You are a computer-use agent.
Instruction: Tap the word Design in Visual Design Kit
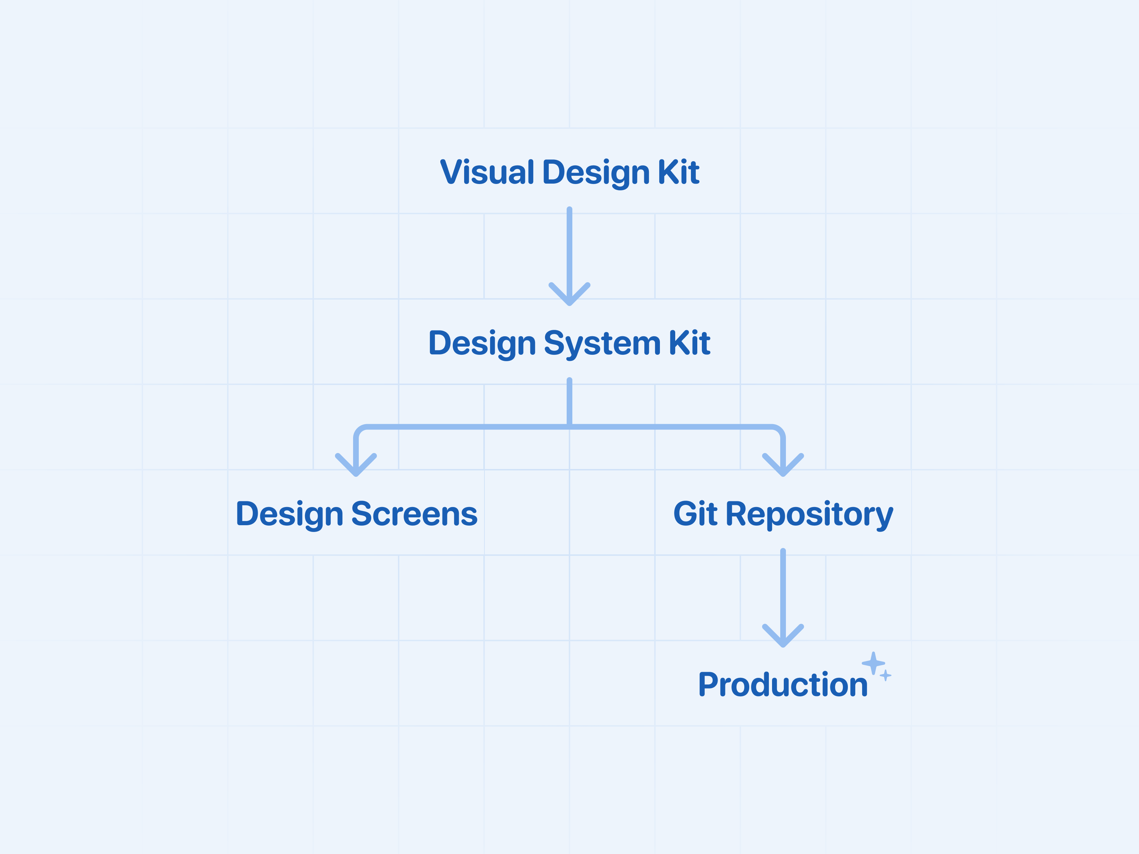(x=596, y=173)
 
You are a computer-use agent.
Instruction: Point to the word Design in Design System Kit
(x=482, y=343)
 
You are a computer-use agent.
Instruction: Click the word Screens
(x=415, y=514)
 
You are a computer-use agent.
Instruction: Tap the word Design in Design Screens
(x=289, y=514)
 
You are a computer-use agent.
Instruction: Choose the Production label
(x=783, y=685)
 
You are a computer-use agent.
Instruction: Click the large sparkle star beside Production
(x=873, y=663)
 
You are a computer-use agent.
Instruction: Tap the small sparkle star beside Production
(x=886, y=675)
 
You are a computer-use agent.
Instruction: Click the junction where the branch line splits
(x=569, y=427)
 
